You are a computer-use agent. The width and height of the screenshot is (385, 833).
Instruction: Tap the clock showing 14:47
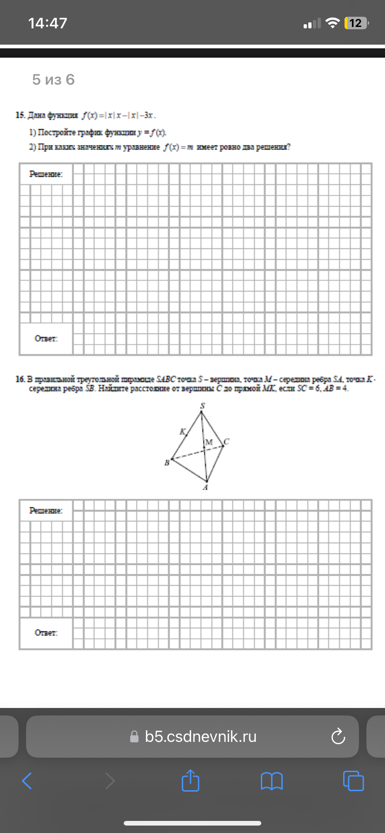point(48,23)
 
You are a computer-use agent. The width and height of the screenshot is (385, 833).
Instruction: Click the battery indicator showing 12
point(356,23)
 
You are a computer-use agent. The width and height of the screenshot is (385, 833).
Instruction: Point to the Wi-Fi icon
point(332,23)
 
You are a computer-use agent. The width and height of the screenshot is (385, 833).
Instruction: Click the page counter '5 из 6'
point(53,80)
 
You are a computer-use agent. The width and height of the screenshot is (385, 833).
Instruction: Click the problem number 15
point(20,115)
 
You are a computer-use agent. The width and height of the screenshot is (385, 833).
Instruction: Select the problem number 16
point(20,379)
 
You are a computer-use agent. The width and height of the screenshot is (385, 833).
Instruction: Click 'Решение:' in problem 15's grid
point(46,174)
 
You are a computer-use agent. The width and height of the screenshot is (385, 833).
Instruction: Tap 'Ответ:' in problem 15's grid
point(46,338)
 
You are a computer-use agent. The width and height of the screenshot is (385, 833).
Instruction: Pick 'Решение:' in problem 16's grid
point(46,510)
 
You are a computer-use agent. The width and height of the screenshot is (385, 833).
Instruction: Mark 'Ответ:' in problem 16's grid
point(46,633)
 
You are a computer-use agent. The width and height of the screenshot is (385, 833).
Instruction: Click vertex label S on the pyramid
point(202,406)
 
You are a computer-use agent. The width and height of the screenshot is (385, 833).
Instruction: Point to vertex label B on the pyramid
point(166,463)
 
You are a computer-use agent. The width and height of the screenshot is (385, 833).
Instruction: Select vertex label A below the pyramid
point(205,487)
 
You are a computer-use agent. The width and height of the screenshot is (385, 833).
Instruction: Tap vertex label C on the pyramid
point(226,442)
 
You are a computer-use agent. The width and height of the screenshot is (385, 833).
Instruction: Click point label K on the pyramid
point(182,431)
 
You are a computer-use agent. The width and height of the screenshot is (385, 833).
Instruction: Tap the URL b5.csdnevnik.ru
point(200,737)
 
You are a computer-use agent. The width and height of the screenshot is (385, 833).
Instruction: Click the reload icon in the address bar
point(338,736)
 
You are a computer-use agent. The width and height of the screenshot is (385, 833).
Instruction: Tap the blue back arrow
point(27,781)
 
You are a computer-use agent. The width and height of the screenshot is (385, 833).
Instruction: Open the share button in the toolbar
point(190,780)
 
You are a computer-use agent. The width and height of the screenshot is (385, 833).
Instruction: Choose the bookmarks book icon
point(272,781)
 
